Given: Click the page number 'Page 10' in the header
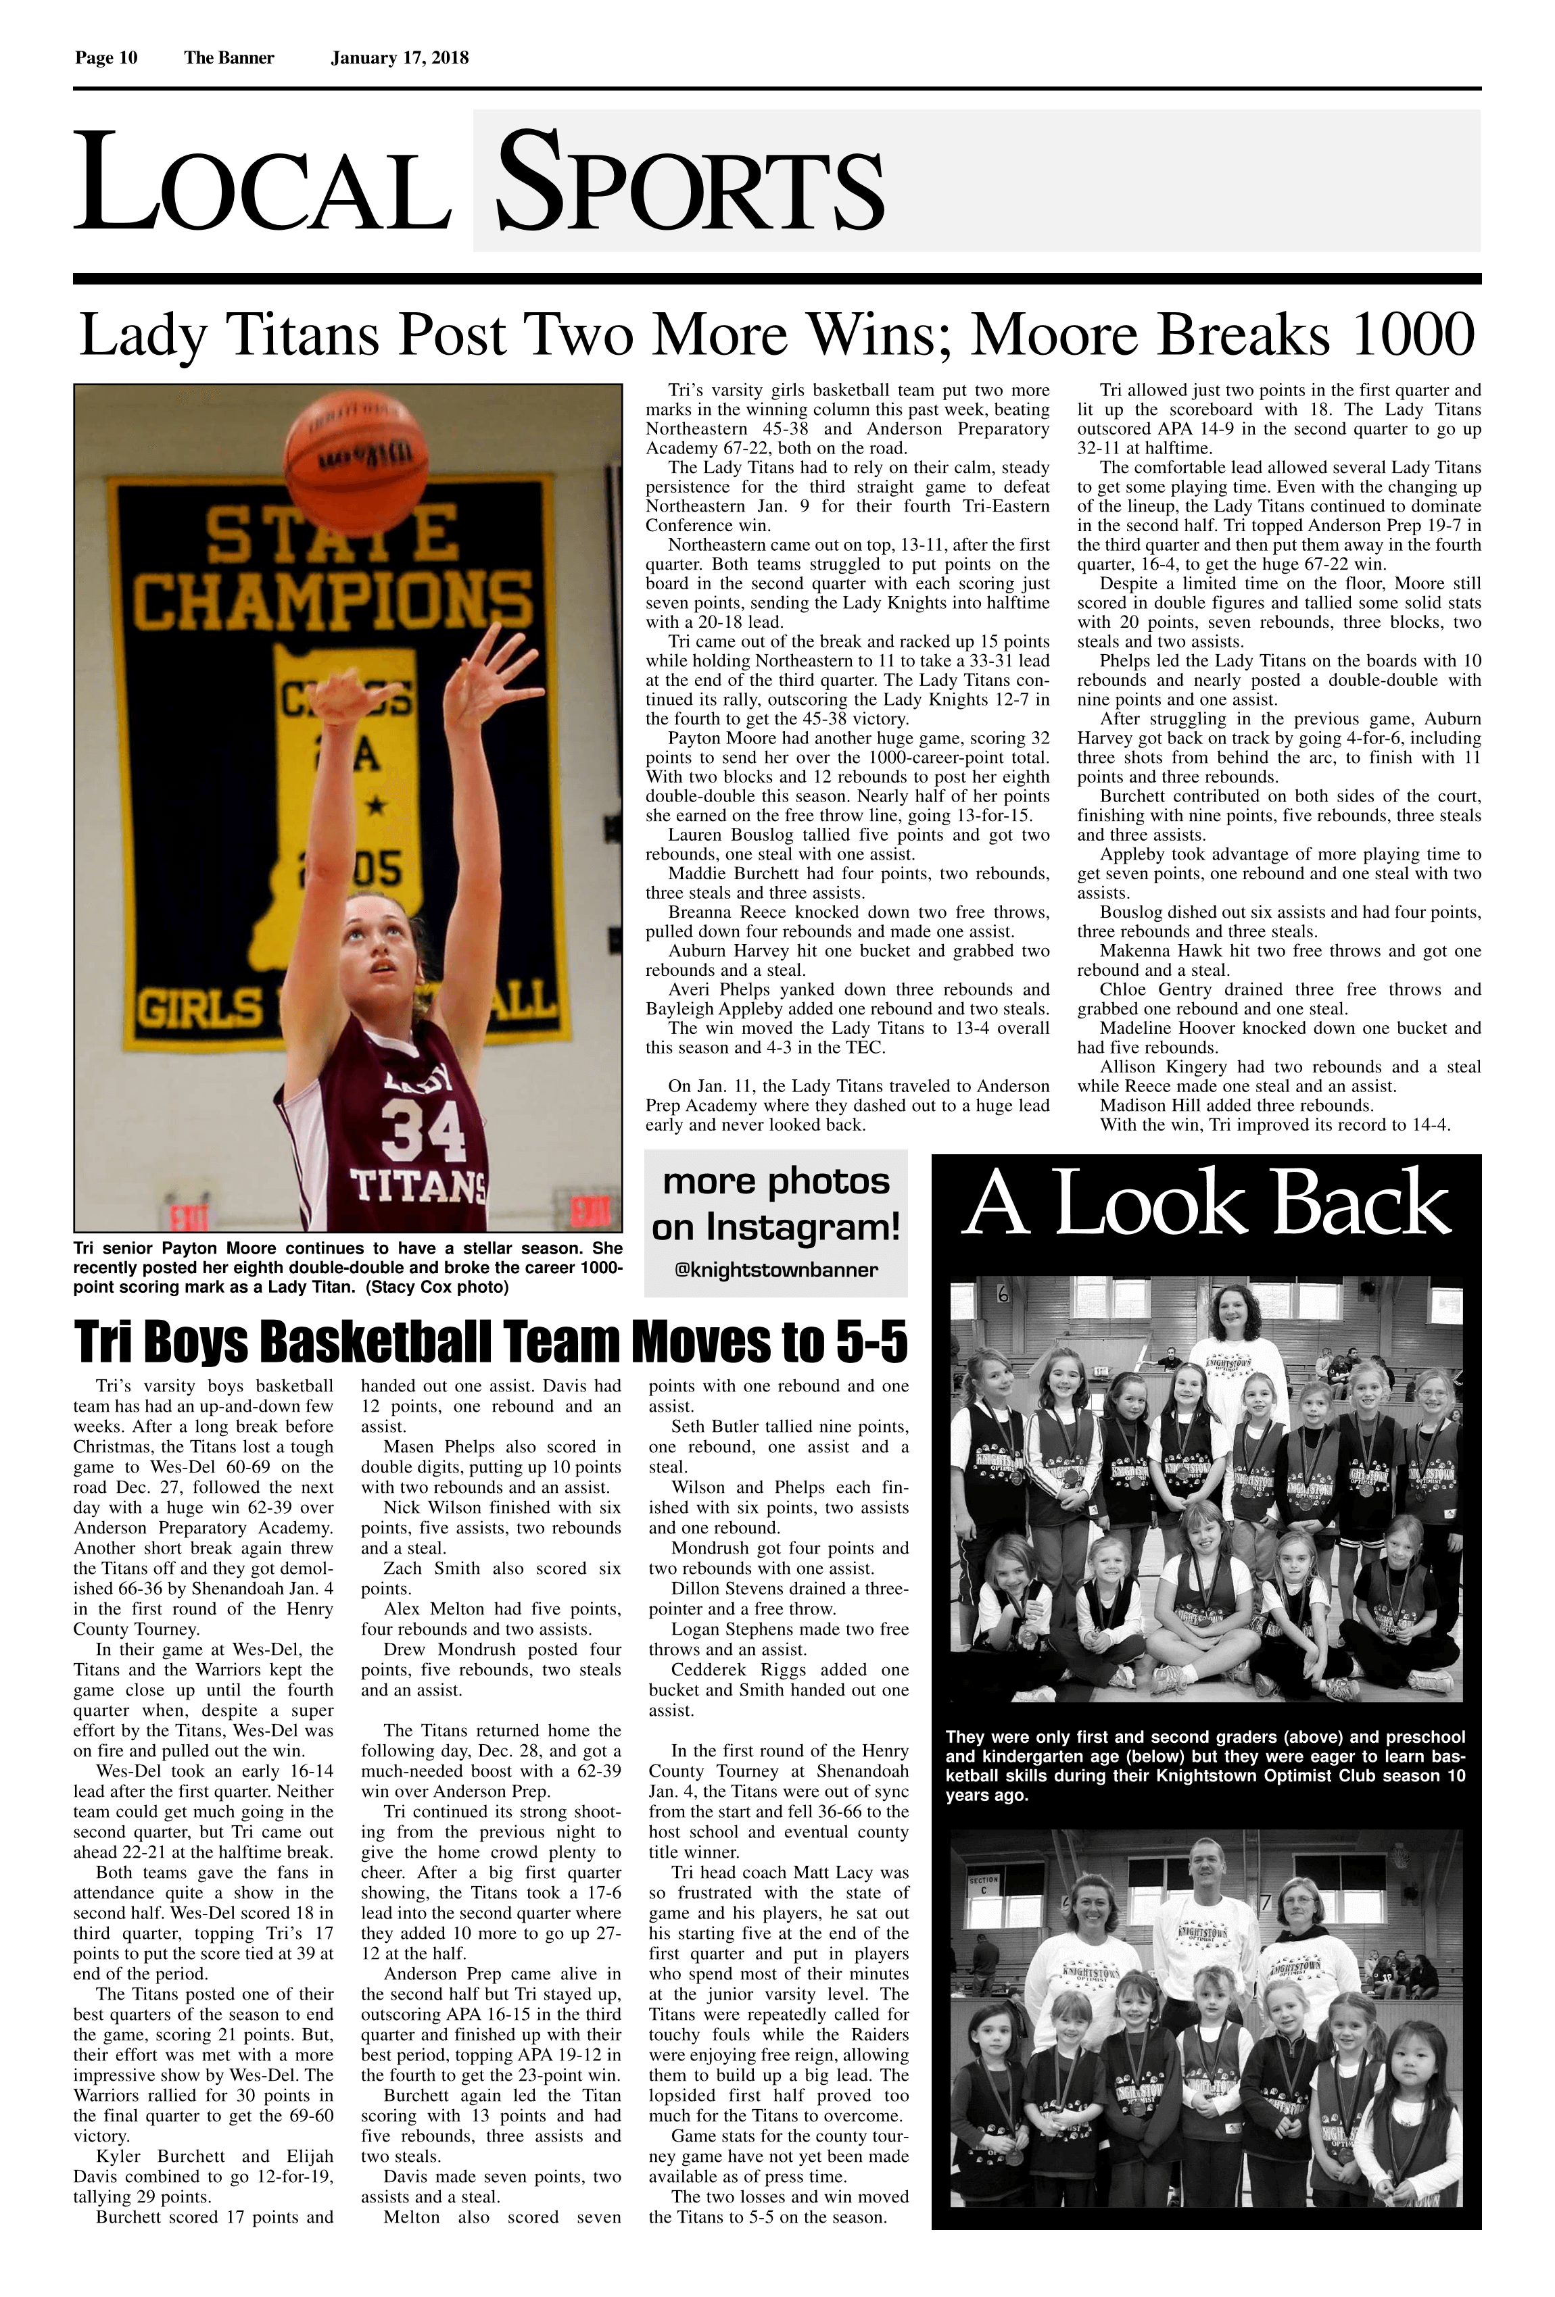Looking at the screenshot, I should (x=105, y=58).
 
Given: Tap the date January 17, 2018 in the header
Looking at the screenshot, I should (x=400, y=58).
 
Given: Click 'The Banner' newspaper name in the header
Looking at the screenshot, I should (x=229, y=58).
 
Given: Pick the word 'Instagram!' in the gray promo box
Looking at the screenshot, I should (x=823, y=1228).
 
